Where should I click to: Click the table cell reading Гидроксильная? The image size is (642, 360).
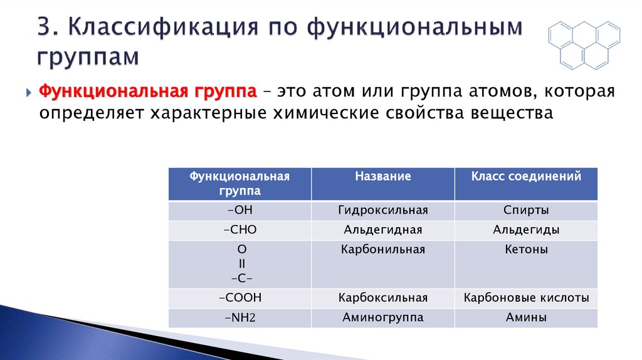[383, 210]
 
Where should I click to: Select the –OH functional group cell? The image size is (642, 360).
[240, 210]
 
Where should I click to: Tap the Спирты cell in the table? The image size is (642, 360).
[526, 210]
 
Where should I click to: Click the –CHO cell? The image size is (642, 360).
[240, 230]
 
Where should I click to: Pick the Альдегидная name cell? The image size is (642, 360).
[383, 230]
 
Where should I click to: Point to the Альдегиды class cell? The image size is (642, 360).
[526, 230]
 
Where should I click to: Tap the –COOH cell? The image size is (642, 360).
[240, 298]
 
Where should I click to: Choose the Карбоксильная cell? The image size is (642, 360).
[383, 298]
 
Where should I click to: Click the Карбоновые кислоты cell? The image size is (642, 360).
[526, 298]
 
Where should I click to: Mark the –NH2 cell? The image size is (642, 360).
[240, 318]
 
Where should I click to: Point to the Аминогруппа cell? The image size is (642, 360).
[383, 318]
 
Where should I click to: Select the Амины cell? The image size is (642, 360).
[526, 318]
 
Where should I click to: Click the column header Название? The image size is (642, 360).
[383, 177]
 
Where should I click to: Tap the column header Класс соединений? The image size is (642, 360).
[526, 177]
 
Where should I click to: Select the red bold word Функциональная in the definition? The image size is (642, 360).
[100, 92]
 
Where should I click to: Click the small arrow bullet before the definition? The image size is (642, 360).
[29, 93]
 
